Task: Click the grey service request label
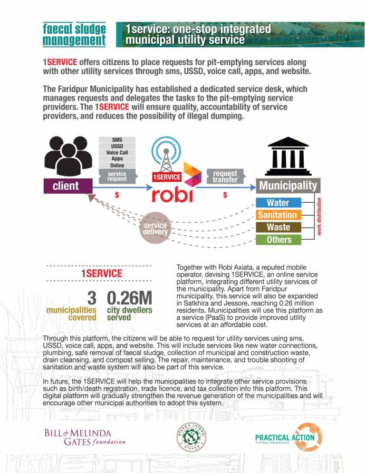pos(117,176)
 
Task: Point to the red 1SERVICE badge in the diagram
pos(166,177)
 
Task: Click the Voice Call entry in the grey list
pos(117,153)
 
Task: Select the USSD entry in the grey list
pos(117,146)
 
